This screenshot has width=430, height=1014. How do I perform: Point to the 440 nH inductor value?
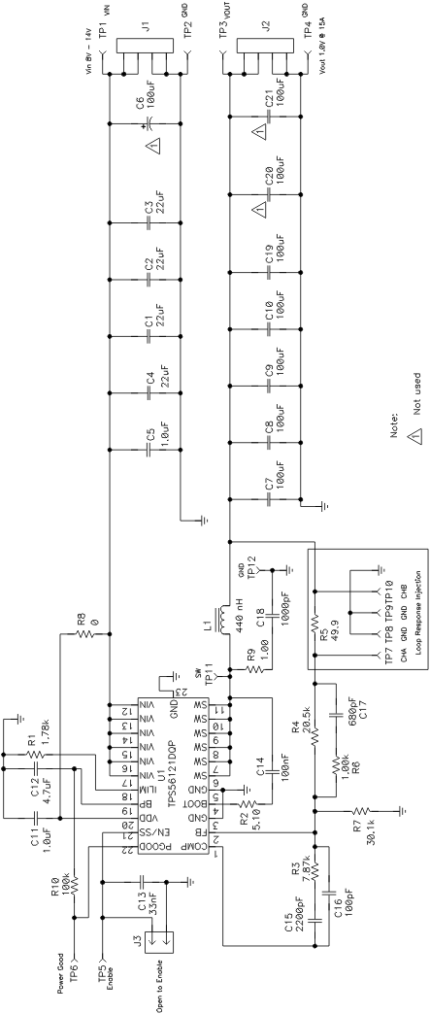pyautogui.click(x=254, y=593)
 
